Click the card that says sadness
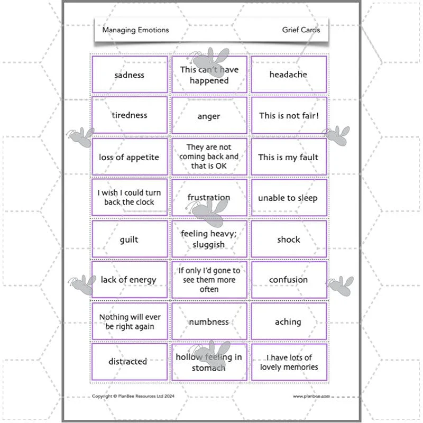coord(130,75)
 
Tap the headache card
coord(289,75)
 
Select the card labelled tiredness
coord(130,115)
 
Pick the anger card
coord(209,115)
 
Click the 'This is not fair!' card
coord(289,115)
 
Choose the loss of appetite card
coord(130,157)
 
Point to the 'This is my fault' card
coord(289,157)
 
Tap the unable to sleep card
coord(289,197)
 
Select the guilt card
coord(130,239)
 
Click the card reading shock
coord(289,239)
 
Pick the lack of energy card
coord(130,280)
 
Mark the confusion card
coord(289,280)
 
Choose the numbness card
coord(209,321)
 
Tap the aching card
coord(289,321)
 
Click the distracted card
coord(130,362)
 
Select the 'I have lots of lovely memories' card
coord(289,362)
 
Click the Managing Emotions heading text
coord(136,30)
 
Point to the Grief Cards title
coord(301,30)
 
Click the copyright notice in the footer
coord(133,396)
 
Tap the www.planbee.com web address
coord(311,396)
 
